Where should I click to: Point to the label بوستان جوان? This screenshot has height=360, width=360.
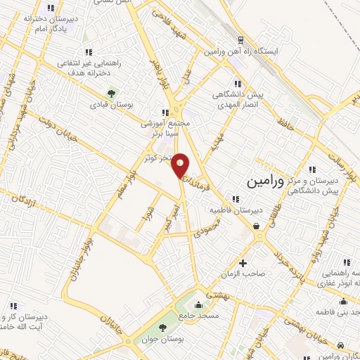pos(162,340)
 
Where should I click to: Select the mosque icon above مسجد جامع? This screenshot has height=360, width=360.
pos(198,305)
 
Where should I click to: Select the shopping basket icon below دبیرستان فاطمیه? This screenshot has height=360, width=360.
pos(257,226)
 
